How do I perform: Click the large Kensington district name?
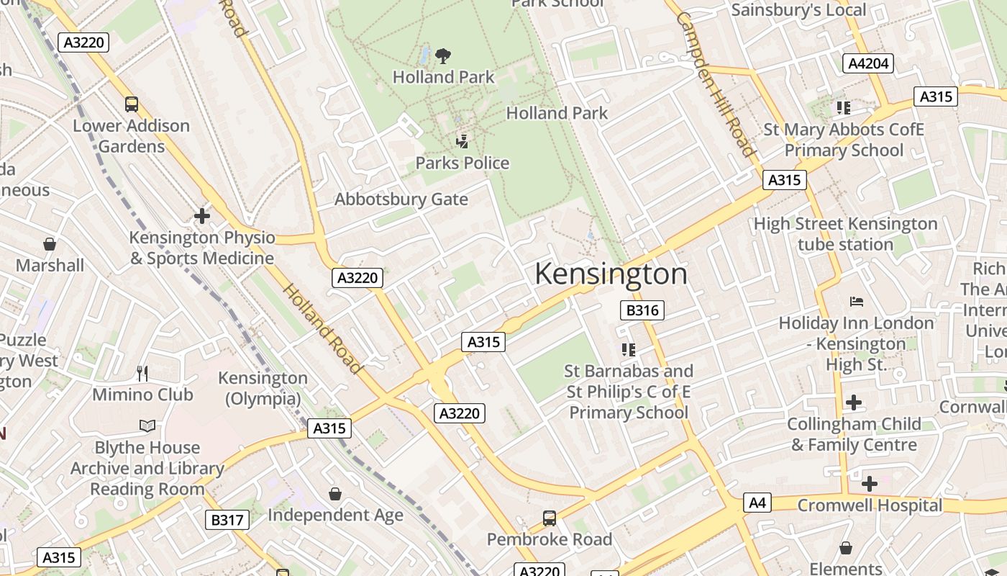tap(611, 274)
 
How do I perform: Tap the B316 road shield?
tap(642, 310)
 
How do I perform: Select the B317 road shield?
tap(227, 520)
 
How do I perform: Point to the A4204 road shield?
tap(868, 63)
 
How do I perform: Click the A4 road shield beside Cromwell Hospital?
tap(757, 503)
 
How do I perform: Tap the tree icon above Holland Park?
tap(443, 55)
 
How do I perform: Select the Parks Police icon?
tap(463, 141)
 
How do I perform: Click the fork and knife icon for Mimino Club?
tap(142, 373)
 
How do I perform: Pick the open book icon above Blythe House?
tap(147, 426)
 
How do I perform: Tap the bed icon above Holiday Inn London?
tap(856, 301)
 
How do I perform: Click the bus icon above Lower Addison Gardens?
tap(132, 104)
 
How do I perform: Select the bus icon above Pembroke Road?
tap(550, 518)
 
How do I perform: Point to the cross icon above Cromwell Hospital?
tap(869, 483)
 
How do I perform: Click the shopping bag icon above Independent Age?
tap(335, 493)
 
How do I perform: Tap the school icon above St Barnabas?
tap(629, 350)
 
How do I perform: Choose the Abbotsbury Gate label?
tap(401, 199)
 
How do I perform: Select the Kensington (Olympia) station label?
tap(263, 388)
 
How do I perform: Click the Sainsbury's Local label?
tap(798, 9)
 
